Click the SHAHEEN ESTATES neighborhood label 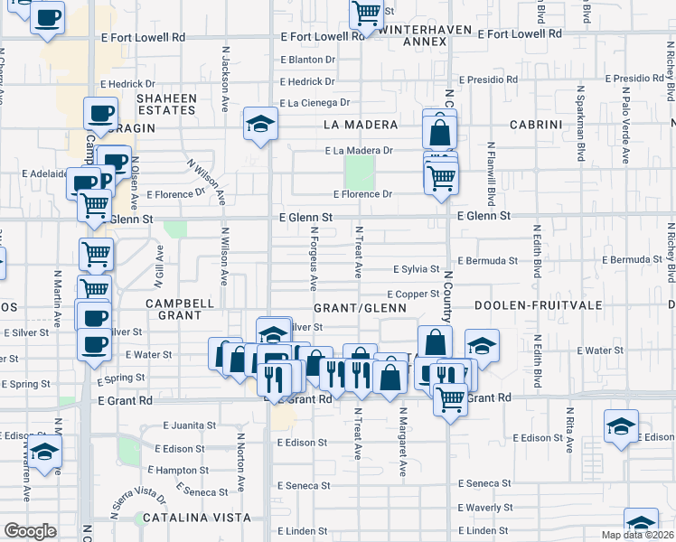(x=166, y=104)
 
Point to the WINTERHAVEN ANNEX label (x=413, y=35)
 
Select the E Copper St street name (x=413, y=294)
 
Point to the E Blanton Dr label (x=307, y=60)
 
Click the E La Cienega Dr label (x=314, y=104)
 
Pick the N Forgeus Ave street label (x=314, y=257)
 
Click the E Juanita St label (x=190, y=425)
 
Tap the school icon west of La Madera (x=260, y=124)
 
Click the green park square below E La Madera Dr (x=359, y=172)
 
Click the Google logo (x=30, y=531)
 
